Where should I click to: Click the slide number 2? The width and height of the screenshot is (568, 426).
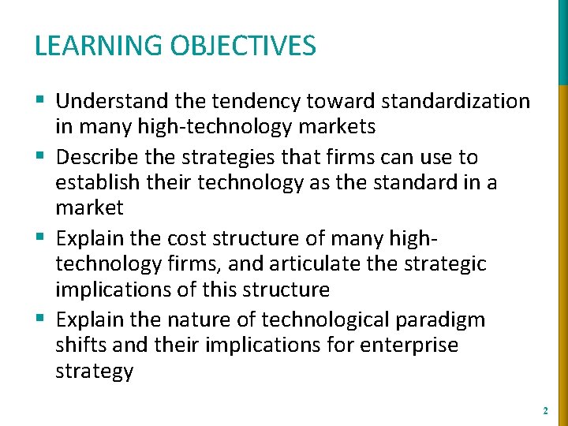pos(545,411)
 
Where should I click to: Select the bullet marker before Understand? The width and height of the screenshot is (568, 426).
pos(41,101)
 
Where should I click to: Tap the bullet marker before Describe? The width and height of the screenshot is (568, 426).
pos(41,157)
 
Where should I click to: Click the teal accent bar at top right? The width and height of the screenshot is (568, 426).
pos(562,41)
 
